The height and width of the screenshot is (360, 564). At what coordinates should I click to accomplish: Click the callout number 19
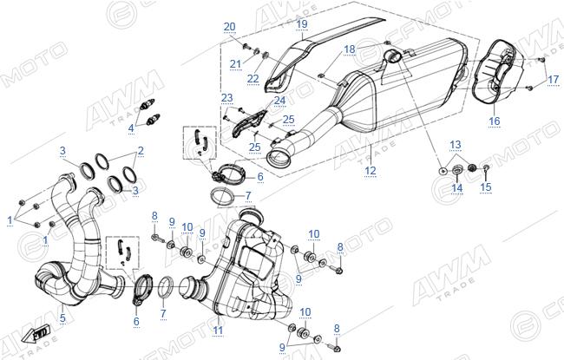[302, 24]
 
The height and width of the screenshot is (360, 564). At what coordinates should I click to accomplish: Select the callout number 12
[371, 171]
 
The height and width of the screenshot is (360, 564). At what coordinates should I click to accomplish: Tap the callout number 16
[495, 121]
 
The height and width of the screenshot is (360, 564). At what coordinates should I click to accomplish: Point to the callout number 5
[63, 317]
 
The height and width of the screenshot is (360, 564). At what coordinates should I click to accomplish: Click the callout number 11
[218, 331]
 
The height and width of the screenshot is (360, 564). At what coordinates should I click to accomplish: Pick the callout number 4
[131, 128]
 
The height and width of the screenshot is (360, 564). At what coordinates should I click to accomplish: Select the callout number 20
[229, 27]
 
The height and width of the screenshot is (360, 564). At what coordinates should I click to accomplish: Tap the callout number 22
[253, 78]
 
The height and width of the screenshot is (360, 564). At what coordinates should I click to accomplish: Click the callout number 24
[279, 101]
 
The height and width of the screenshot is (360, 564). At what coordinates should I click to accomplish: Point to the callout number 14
[456, 187]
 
